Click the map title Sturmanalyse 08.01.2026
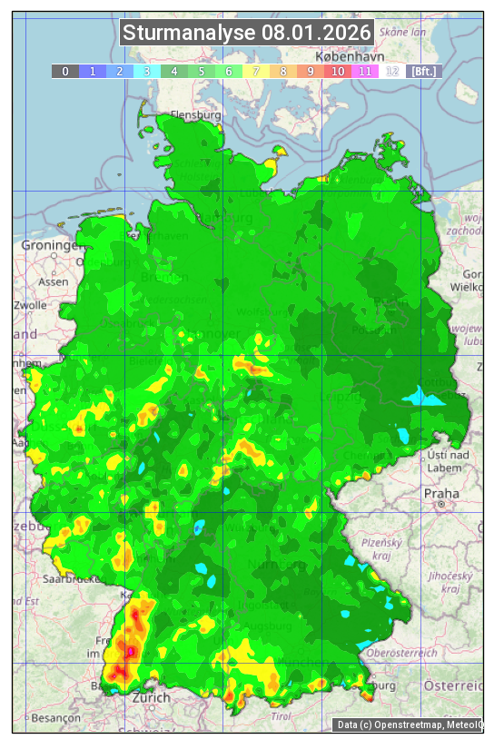tap(247, 34)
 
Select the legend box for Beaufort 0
tap(64, 71)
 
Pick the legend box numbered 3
tap(146, 71)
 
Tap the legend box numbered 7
tap(256, 71)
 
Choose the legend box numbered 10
tap(338, 71)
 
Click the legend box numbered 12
tap(392, 71)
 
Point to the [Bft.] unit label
tap(423, 71)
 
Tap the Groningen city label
tap(52, 246)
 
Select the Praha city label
tap(440, 493)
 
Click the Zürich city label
tap(151, 698)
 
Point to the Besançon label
tap(55, 717)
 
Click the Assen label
tap(54, 281)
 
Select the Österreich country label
tap(454, 685)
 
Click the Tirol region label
tap(281, 715)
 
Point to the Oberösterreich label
tap(402, 652)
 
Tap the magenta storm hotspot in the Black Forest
tap(131, 651)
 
